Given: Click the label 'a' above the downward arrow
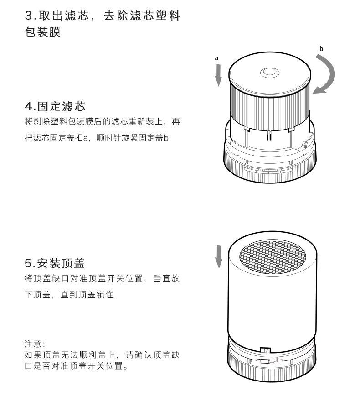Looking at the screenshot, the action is click(217, 58).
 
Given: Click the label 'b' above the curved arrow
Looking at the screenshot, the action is click(321, 48).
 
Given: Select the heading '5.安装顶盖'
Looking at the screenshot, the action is click(55, 263).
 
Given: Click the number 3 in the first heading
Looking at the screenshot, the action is click(28, 16).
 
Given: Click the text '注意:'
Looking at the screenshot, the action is click(33, 343).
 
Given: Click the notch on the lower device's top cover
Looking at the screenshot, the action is click(264, 350).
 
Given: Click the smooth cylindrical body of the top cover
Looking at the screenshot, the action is click(272, 306).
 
